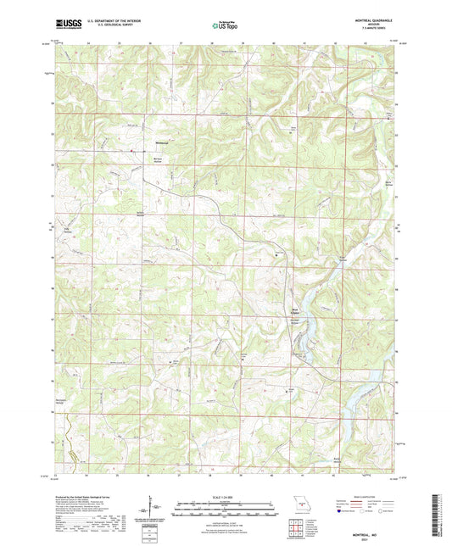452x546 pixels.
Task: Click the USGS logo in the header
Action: [x=63, y=25]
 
